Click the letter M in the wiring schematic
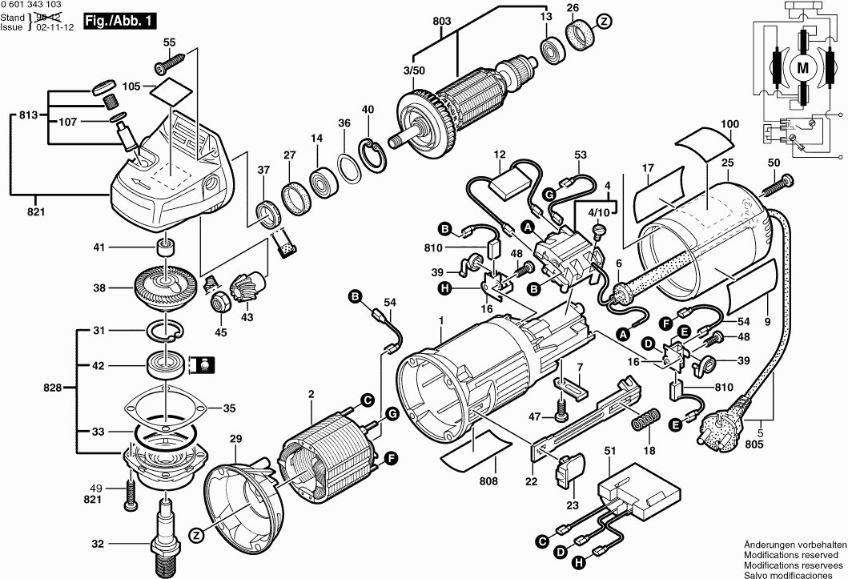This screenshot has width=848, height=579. (x=801, y=69)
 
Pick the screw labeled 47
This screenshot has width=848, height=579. (x=561, y=416)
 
